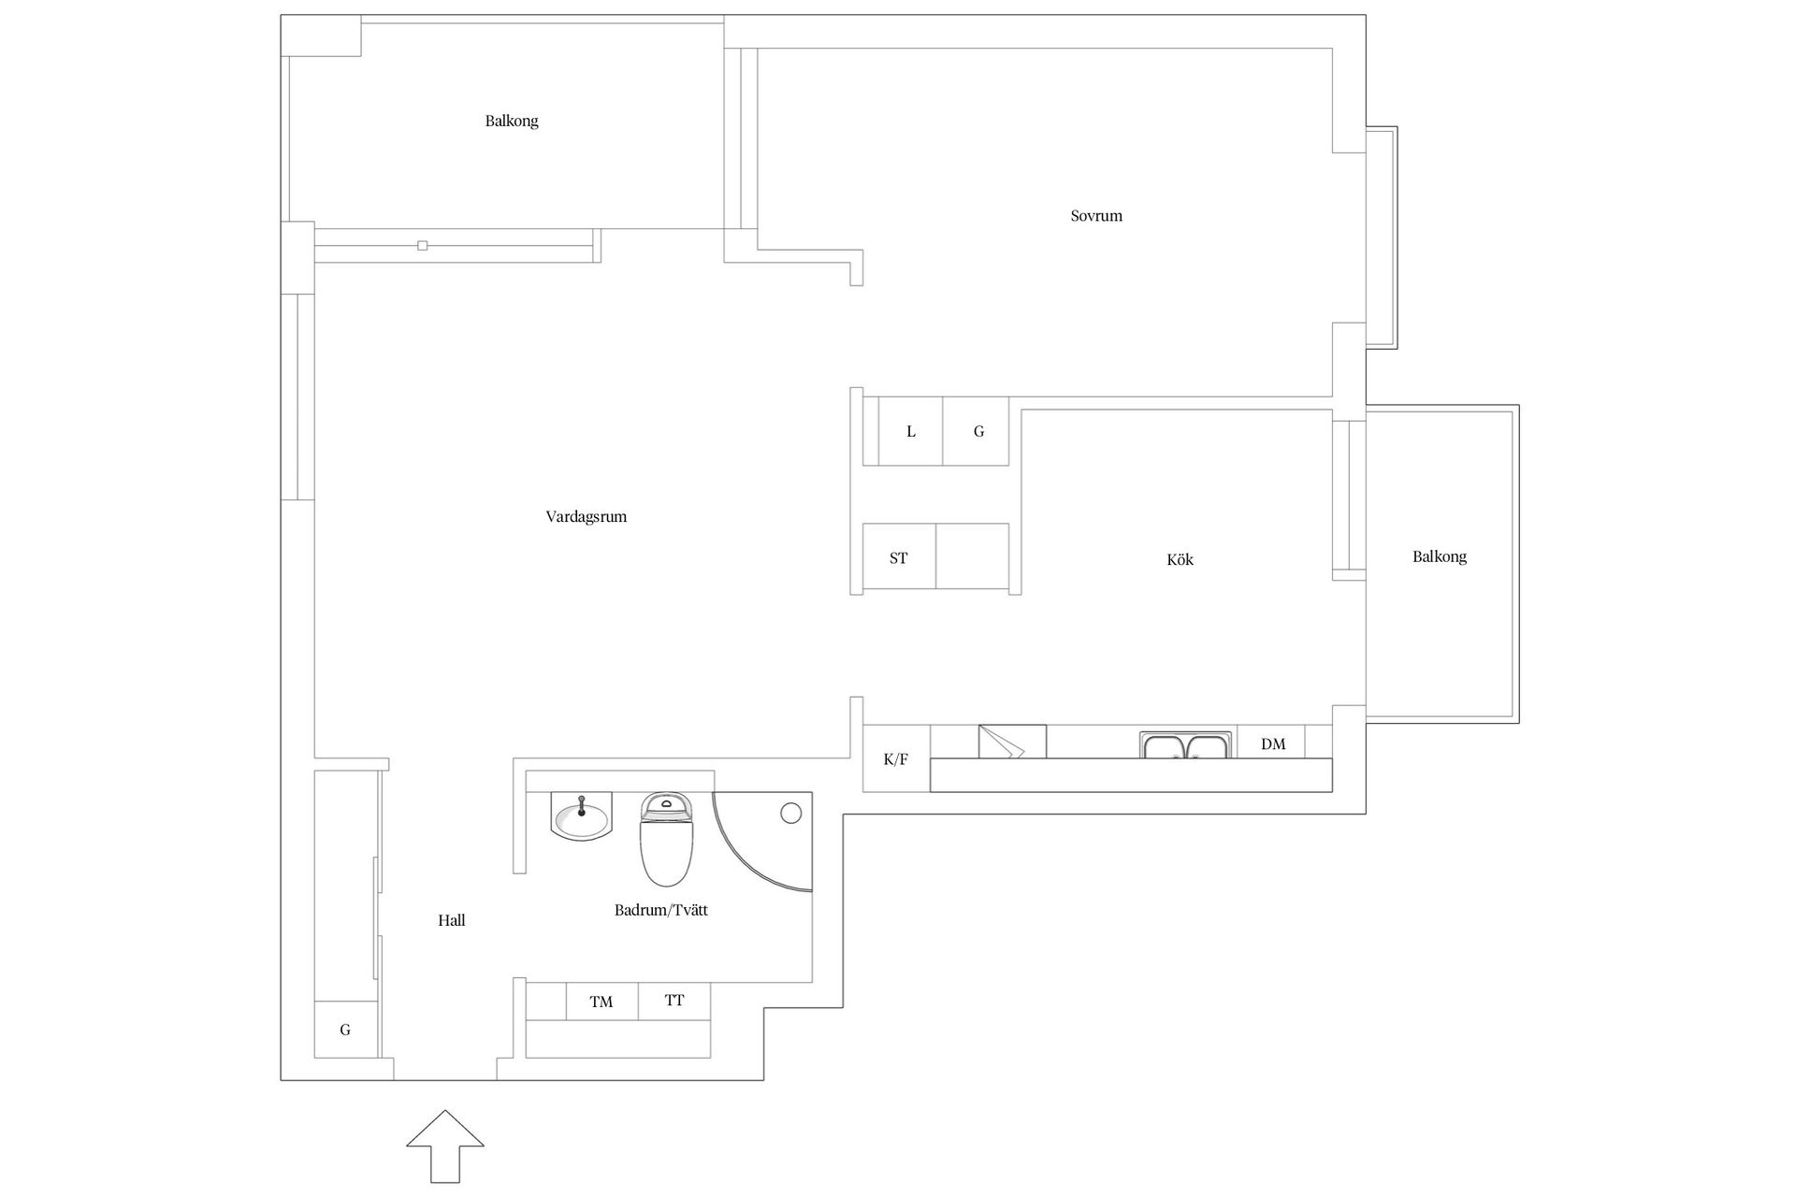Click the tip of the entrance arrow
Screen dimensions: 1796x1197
pos(445,1111)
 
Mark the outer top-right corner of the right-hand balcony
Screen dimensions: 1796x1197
pos(1519,405)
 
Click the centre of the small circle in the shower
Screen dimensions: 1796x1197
pos(791,814)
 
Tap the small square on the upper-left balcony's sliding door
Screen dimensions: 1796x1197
pos(423,246)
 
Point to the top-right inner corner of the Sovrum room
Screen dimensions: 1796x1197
pos(1332,49)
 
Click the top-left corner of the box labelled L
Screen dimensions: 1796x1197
pos(879,397)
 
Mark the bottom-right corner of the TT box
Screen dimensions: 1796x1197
pos(711,1019)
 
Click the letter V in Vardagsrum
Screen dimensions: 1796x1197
pos(551,516)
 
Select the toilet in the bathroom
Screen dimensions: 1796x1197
pos(666,839)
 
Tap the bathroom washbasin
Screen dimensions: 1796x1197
pos(581,816)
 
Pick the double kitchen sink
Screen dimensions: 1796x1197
pos(1186,744)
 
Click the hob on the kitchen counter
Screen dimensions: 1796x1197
pos(1012,741)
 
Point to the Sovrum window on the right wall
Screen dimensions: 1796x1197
pos(1382,238)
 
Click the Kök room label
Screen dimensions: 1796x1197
pos(1180,559)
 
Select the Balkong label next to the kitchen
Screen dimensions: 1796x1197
pos(1440,557)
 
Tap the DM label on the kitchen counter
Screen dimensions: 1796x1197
pos(1273,744)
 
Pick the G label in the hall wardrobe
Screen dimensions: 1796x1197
pos(345,1030)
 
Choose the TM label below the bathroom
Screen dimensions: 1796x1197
pos(601,1002)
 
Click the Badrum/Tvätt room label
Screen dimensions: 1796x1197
pos(661,910)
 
